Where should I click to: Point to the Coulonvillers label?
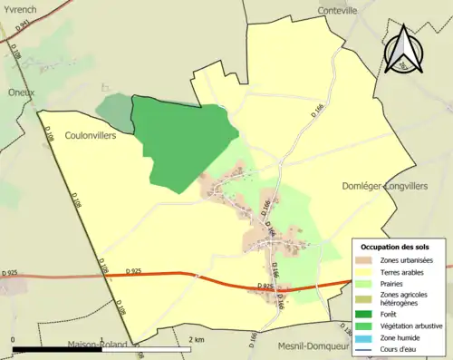(x=94, y=135)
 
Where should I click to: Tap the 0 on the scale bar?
(x=14, y=338)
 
